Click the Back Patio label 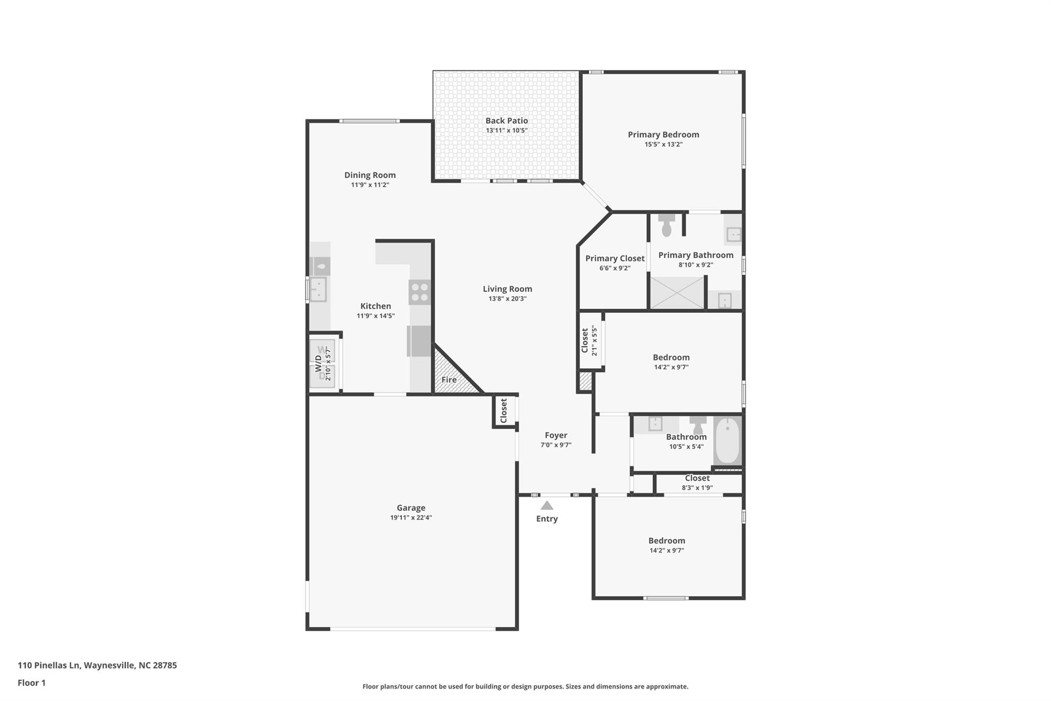click(x=507, y=121)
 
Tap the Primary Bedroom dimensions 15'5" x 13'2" click(x=664, y=144)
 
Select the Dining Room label click(x=370, y=175)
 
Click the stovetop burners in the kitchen click(x=420, y=292)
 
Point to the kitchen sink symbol click(x=318, y=289)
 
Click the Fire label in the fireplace click(x=449, y=380)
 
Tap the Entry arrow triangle click(x=547, y=505)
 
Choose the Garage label click(x=411, y=508)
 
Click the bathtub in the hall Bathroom click(x=727, y=441)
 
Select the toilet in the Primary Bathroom click(x=667, y=225)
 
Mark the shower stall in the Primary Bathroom click(x=677, y=293)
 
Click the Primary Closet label click(x=615, y=258)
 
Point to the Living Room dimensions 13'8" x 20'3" click(x=508, y=299)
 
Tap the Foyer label click(x=556, y=435)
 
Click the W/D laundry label click(x=318, y=364)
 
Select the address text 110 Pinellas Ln click(x=49, y=665)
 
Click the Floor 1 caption click(x=32, y=683)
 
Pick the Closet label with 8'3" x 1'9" click(x=697, y=478)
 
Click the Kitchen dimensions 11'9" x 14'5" click(x=376, y=316)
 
